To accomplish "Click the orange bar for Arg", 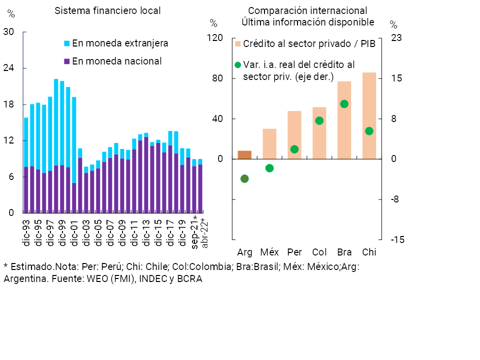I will [244, 154].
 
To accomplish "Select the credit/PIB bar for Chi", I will [369, 115].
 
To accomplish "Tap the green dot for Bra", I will [344, 104].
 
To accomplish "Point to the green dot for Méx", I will [269, 168].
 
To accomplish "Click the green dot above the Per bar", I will [294, 149].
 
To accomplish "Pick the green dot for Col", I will [319, 120].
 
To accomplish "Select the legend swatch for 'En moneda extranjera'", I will [67, 43].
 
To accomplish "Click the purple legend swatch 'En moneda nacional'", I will [67, 61].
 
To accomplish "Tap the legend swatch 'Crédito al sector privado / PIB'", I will [238, 44].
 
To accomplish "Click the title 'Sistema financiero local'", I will [107, 10].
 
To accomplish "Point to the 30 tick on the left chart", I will [8, 32].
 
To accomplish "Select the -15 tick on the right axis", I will [397, 239].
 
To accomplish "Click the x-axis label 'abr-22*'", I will [204, 233].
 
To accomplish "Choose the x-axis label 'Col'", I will [319, 251].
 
